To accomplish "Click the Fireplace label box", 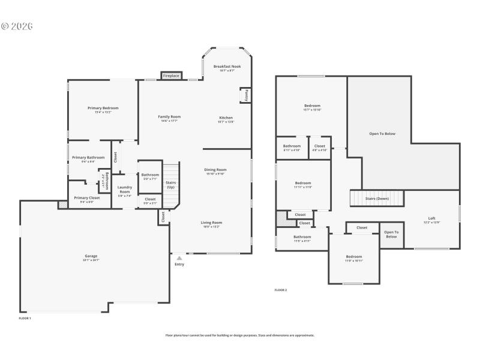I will tap(171, 76).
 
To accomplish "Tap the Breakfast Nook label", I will tap(227, 67).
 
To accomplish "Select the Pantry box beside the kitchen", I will tap(246, 95).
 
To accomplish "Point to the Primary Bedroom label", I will tap(103, 108).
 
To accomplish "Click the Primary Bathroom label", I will tap(88, 158).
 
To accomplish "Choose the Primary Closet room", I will tap(87, 198).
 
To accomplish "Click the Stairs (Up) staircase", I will tap(170, 184).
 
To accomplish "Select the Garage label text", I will tap(91, 256).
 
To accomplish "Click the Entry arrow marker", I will tap(179, 258).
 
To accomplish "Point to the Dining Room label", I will tap(216, 170).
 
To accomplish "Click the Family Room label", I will tap(169, 117).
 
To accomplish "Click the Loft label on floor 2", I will tap(431, 218).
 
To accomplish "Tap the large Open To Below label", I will tap(382, 134).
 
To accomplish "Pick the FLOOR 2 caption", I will tap(281, 290).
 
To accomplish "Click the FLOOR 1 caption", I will tap(25, 318).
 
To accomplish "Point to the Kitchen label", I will tap(226, 118).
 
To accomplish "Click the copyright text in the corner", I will tap(17, 26).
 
